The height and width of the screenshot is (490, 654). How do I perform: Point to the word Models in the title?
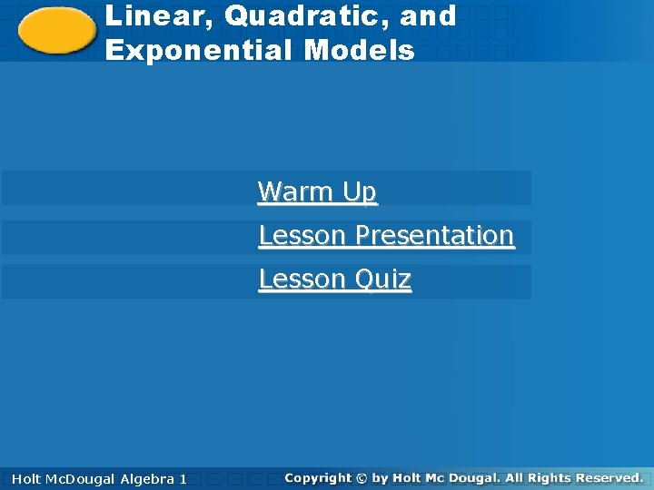(360, 50)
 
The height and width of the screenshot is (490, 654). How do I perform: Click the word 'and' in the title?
(432, 16)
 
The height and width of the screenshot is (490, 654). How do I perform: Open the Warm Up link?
(317, 191)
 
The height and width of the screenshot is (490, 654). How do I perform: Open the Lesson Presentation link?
(386, 235)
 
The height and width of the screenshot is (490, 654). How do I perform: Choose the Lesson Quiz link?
(334, 279)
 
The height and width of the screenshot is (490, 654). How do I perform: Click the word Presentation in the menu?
(434, 235)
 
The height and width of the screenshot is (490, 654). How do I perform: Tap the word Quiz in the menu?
(382, 279)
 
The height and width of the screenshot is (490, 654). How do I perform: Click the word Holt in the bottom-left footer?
(26, 478)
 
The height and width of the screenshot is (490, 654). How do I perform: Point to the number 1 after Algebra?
(183, 478)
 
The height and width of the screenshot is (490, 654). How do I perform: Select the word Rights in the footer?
(549, 477)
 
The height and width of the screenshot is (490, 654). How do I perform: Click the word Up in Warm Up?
(359, 191)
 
